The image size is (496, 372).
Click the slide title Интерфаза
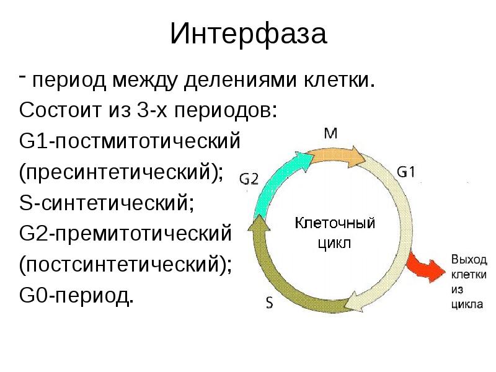(x=248, y=35)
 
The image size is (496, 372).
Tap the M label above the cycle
(x=332, y=133)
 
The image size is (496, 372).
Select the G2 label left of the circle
(x=250, y=179)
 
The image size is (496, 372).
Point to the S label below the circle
(x=270, y=303)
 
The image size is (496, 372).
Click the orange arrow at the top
(x=335, y=155)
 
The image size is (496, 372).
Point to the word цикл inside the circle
(x=334, y=242)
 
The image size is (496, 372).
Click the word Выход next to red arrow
(x=469, y=259)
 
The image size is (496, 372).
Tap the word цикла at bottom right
(x=464, y=304)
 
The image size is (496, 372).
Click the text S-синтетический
(x=107, y=202)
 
